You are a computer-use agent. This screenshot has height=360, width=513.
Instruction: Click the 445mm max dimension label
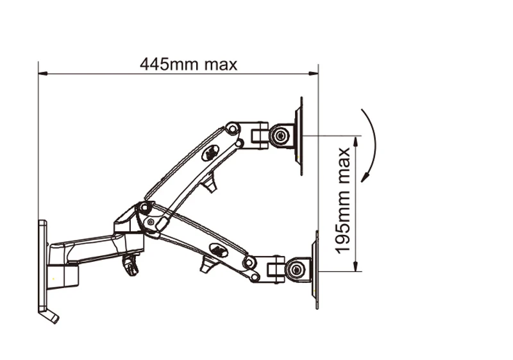(x=188, y=64)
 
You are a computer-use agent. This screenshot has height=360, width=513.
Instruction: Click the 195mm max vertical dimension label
(x=343, y=201)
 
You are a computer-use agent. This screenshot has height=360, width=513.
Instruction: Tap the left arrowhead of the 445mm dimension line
(x=43, y=74)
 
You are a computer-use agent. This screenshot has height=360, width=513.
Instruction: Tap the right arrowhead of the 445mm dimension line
(x=314, y=74)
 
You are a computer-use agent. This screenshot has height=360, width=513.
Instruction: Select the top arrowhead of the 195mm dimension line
(x=356, y=141)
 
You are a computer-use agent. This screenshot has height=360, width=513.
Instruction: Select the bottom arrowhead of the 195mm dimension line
(x=356, y=266)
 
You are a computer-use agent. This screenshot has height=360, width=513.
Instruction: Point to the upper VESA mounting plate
(x=299, y=136)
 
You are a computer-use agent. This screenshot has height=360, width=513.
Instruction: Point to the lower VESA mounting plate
(x=315, y=270)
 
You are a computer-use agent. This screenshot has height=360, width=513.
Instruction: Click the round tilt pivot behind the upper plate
(x=280, y=135)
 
